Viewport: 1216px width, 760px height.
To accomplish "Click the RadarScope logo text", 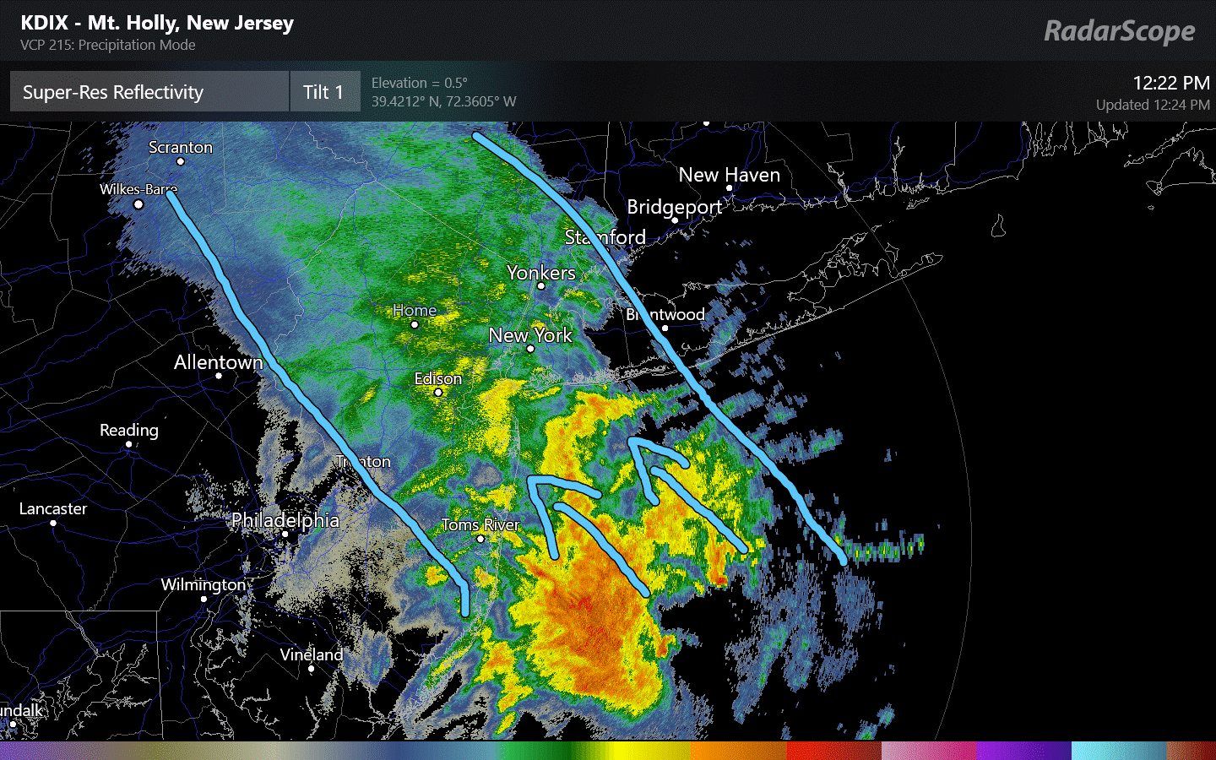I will (x=1119, y=31).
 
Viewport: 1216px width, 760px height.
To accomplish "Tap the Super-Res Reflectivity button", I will (x=149, y=92).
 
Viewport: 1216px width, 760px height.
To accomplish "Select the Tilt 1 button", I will (x=324, y=92).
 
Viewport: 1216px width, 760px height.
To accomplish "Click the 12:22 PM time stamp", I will (x=1170, y=83).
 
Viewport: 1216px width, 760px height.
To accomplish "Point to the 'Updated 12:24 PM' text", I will (x=1152, y=105).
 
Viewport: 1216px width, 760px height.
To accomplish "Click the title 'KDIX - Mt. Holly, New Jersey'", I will (x=157, y=23).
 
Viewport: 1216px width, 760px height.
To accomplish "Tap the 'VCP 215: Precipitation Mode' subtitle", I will (x=108, y=45).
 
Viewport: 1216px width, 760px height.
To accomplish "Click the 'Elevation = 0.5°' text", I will (x=419, y=83).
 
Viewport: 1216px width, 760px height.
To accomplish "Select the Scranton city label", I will (x=181, y=147).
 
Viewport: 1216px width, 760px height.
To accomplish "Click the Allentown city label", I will (x=218, y=362).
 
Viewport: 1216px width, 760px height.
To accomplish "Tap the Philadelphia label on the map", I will (x=285, y=520).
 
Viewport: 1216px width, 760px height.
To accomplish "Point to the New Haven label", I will (x=729, y=175).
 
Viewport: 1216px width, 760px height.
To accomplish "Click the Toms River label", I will (x=480, y=524).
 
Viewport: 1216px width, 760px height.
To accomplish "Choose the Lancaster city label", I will (x=53, y=508).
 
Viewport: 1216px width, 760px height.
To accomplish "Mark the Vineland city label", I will (x=312, y=654).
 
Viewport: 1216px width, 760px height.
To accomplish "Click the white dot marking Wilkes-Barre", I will (x=138, y=204).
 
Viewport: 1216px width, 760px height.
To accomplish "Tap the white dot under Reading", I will (x=129, y=444).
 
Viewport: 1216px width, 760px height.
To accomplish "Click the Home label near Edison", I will (x=415, y=310).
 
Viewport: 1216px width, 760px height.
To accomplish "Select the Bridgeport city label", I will (x=674, y=207).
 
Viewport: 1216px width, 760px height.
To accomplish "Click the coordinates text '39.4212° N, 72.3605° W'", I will (x=443, y=101).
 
